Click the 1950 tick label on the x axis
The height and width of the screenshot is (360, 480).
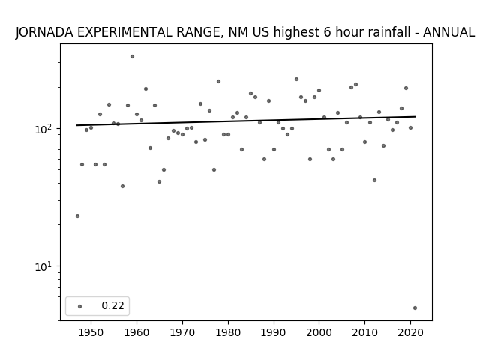(x=91, y=333)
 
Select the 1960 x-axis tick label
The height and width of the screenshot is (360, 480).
(x=136, y=333)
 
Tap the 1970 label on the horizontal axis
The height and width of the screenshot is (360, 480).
(x=182, y=333)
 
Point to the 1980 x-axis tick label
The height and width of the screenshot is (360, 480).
(x=228, y=333)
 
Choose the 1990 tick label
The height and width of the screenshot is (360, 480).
(x=274, y=333)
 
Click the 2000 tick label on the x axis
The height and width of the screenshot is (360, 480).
(x=319, y=333)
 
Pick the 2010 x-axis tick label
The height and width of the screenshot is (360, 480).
(x=364, y=333)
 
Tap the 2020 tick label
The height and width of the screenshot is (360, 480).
(x=410, y=333)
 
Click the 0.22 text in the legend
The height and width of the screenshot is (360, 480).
(x=112, y=305)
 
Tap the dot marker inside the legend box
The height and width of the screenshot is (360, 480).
(x=80, y=306)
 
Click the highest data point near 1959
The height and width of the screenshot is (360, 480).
(x=132, y=57)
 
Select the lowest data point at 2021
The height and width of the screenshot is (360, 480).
(x=415, y=308)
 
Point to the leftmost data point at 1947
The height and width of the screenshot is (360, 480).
(x=77, y=217)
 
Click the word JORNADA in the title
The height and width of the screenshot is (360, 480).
(x=45, y=32)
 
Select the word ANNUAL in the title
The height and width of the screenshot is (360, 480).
(x=448, y=32)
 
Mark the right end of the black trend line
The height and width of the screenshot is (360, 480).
(x=415, y=117)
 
